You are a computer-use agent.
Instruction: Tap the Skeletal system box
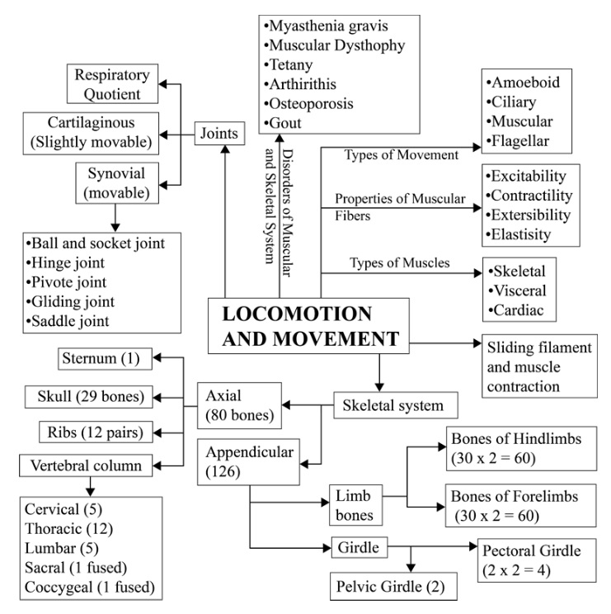(x=389, y=405)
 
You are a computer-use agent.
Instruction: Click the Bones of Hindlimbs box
(x=521, y=449)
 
